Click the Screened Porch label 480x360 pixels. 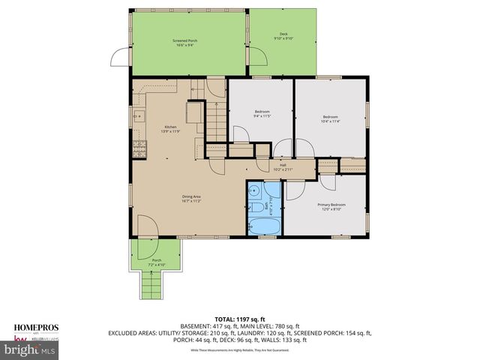coord(184,41)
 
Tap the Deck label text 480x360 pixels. coord(283,35)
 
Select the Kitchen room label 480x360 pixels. coord(172,129)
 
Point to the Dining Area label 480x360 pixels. coord(191,199)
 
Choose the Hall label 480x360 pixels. coord(283,167)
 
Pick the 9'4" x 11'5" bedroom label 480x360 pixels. coord(262,114)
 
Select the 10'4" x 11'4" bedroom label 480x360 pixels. coord(331,118)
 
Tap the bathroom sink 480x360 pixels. coord(255,190)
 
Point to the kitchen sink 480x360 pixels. coord(139,117)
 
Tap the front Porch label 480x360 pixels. coord(157,262)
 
